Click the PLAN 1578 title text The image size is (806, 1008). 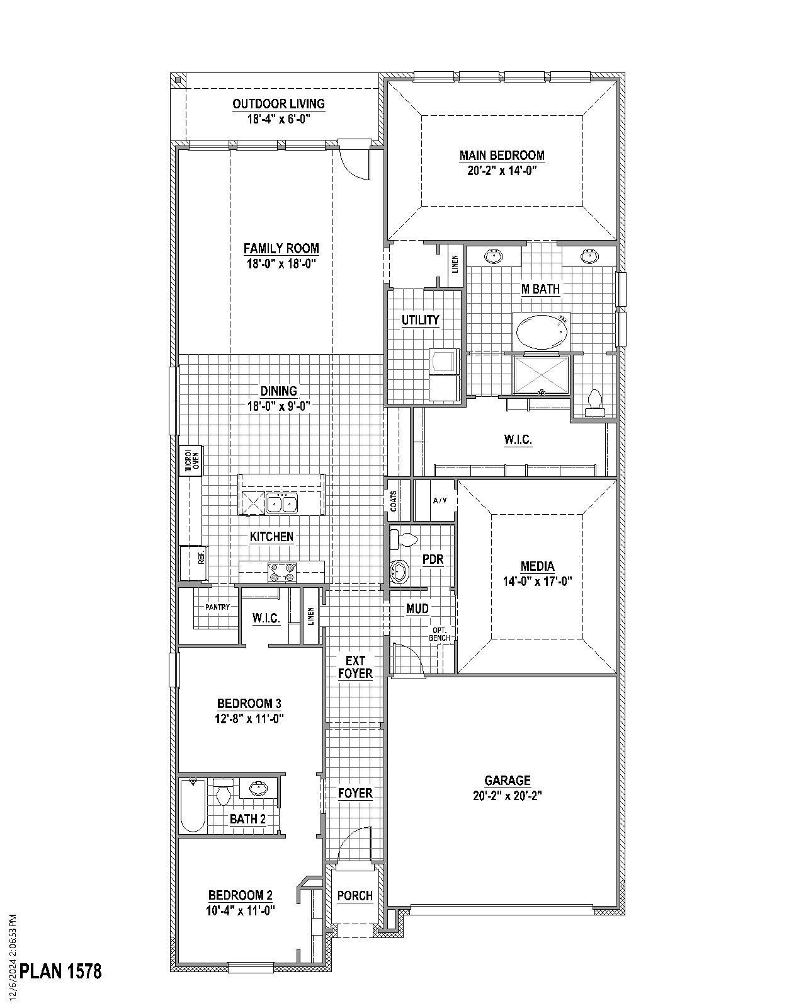coord(60,971)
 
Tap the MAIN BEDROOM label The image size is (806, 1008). coord(502,155)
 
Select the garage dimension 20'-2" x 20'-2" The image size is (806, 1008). coord(508,796)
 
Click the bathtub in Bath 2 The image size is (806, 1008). coord(193,806)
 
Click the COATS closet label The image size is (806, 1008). coord(394,500)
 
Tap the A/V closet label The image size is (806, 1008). coord(440,500)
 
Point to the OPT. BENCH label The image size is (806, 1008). coord(440,634)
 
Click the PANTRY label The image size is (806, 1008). coord(217,607)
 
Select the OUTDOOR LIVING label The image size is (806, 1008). coord(278,104)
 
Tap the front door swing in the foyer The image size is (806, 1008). coord(356,844)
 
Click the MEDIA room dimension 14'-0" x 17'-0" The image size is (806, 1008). coord(537,581)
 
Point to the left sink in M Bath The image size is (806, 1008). coord(493,256)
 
